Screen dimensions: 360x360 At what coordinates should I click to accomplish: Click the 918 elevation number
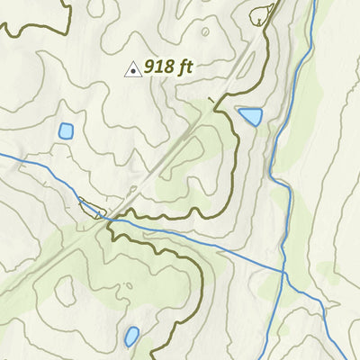pos(159,67)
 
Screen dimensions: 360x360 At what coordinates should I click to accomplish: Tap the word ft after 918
pos(185,67)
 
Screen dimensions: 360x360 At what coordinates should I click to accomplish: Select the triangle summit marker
pos(131,68)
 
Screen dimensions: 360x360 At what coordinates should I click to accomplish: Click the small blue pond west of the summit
pos(66,130)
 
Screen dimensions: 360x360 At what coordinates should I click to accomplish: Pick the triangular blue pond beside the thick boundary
pos(250,116)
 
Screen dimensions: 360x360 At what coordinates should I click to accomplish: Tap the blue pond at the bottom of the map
pos(131,337)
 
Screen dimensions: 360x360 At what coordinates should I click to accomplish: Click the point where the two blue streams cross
pos(283,270)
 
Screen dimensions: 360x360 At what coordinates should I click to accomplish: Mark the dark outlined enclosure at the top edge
pos(264,13)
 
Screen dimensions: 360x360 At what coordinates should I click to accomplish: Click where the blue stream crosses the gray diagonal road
pos(107,216)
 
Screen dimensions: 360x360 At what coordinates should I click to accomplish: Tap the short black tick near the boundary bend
pos(211,100)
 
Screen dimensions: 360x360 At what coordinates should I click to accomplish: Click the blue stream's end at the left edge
pos(3,154)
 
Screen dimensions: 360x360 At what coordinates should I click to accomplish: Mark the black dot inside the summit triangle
pos(131,70)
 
